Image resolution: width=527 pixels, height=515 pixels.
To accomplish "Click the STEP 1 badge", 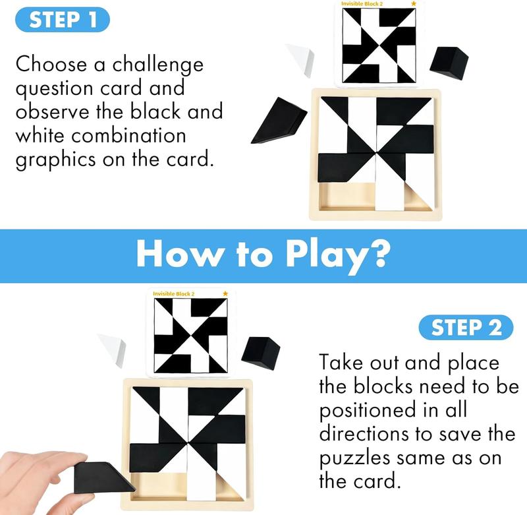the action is coord(63,20).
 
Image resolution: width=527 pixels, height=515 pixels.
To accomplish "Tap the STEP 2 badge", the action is coord(466,327).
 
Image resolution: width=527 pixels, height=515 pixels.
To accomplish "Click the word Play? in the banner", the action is coord(338,257).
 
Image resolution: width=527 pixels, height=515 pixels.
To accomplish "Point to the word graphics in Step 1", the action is coord(56,160).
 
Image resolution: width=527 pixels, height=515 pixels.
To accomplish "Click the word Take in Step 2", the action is coord(341,362).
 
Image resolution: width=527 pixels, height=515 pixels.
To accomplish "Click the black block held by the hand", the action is coord(103,478).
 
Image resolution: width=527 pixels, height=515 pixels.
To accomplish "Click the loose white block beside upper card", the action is coord(300,59).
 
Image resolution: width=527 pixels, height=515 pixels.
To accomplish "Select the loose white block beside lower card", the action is coord(112,350).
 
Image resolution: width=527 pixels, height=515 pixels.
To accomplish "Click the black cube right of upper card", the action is coord(449,63).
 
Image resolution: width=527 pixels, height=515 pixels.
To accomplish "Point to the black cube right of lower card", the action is coord(261,354).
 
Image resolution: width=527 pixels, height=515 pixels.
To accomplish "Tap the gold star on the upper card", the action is coord(414,3).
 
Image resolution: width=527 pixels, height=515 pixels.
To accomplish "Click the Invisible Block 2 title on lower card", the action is coord(173,293).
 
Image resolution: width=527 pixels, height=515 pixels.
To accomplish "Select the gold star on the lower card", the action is coord(225,293).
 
